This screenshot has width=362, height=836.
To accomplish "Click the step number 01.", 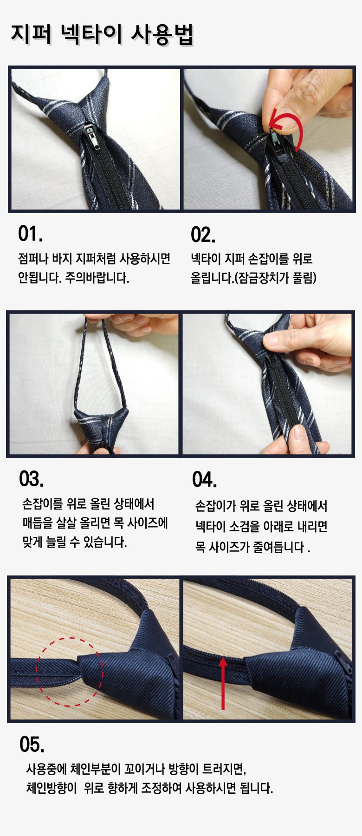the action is point(31,234).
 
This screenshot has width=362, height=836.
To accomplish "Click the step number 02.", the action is point(203,235).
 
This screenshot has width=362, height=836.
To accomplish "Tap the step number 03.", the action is point(32,479).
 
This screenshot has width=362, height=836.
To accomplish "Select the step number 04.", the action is point(205,480).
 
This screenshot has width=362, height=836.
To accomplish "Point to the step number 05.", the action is point(32,745).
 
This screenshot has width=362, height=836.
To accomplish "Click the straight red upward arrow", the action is point(223,682).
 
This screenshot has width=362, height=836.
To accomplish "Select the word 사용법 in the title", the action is point(163,34).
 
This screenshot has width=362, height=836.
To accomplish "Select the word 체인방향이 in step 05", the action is point(52,788).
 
